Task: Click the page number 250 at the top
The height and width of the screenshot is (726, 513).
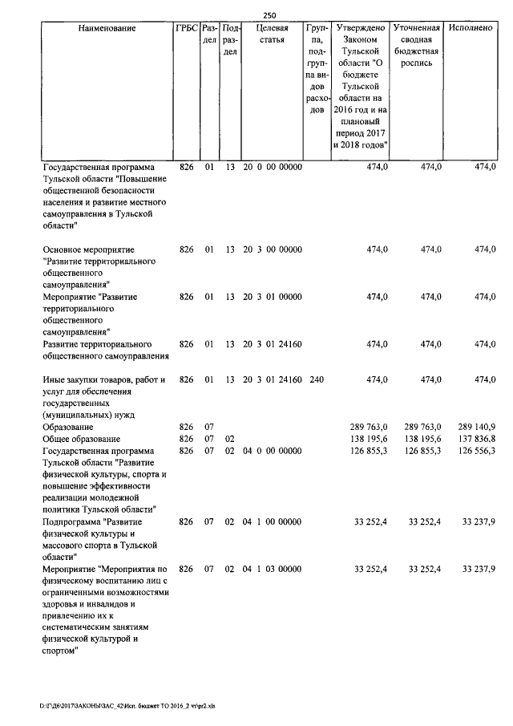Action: pyautogui.click(x=269, y=14)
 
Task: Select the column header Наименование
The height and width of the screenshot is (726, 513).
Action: pyautogui.click(x=107, y=28)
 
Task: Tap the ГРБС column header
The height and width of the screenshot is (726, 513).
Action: pyautogui.click(x=186, y=28)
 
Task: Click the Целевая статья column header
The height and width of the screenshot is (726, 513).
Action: pyautogui.click(x=273, y=34)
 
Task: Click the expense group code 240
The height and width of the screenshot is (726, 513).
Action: pyautogui.click(x=316, y=379)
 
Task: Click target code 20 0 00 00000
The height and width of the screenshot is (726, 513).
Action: pyautogui.click(x=273, y=166)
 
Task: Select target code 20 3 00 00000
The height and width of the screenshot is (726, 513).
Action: pyautogui.click(x=273, y=249)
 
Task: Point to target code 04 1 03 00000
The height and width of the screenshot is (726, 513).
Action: pyautogui.click(x=273, y=569)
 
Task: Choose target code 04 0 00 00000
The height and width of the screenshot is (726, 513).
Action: pyautogui.click(x=273, y=451)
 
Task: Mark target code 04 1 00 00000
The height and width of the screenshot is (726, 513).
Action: pyautogui.click(x=273, y=521)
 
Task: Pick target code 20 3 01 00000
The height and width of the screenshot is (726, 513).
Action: pyautogui.click(x=273, y=297)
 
